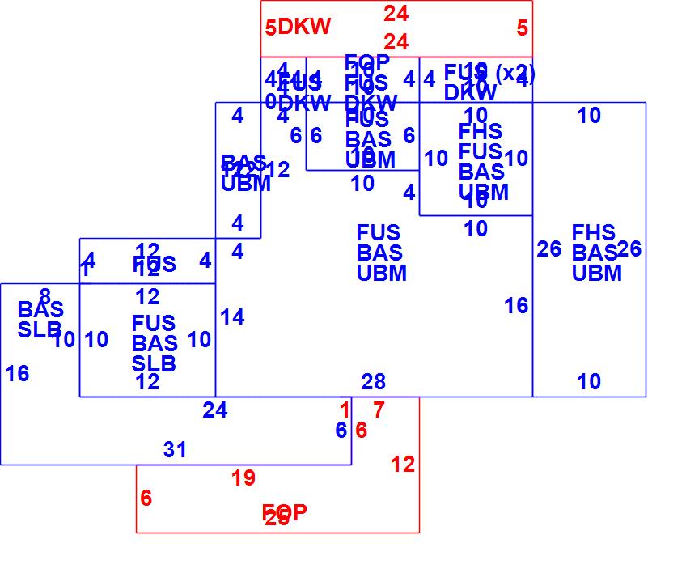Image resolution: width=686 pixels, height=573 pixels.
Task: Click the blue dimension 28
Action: [373, 381]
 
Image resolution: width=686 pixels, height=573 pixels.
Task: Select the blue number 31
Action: [175, 450]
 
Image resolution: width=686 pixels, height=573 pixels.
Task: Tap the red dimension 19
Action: [243, 478]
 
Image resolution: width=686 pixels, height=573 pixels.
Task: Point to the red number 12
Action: [402, 465]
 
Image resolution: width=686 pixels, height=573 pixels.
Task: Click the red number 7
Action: [379, 410]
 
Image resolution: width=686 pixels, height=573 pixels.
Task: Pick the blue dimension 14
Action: [231, 317]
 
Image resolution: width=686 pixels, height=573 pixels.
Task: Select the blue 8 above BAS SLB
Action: [44, 296]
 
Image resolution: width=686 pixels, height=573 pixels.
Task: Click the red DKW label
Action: [304, 27]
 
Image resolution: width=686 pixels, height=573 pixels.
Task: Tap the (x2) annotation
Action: [514, 72]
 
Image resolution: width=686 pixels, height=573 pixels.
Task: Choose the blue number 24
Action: [214, 410]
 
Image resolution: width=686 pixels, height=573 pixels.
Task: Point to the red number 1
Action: [345, 410]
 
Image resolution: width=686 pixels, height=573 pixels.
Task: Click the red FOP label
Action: [284, 512]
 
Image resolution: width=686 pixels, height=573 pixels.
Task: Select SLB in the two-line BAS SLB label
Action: [40, 329]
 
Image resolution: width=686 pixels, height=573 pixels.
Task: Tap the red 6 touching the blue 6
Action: [361, 431]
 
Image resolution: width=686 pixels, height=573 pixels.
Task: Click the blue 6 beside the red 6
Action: [341, 431]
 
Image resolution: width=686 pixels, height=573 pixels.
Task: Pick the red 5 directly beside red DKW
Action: [270, 29]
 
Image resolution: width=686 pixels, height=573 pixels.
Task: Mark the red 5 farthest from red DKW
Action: [522, 28]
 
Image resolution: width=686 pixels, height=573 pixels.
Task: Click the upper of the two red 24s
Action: [396, 13]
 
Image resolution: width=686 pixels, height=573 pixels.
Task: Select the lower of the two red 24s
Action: [396, 41]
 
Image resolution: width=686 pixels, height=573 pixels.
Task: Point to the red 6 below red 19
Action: [146, 499]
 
